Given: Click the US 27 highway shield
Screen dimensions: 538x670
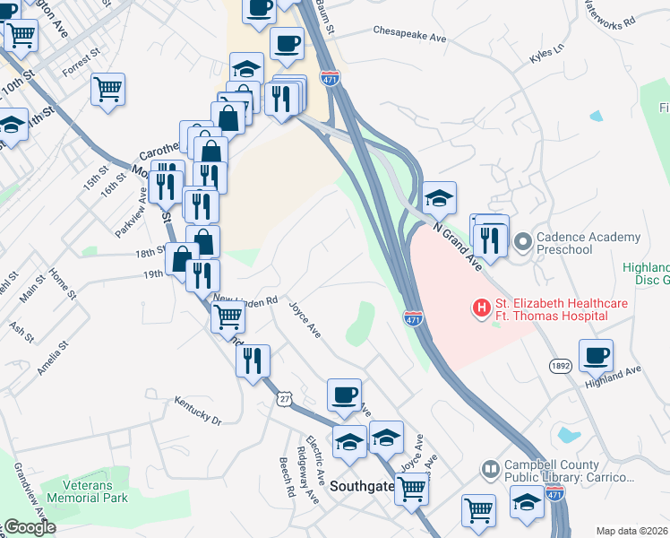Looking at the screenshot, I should pyautogui.click(x=285, y=397).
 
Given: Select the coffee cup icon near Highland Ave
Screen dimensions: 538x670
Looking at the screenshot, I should pyautogui.click(x=596, y=356).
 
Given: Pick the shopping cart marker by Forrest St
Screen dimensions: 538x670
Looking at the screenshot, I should pyautogui.click(x=107, y=89).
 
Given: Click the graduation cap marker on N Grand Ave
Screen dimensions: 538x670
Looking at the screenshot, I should pyautogui.click(x=439, y=197).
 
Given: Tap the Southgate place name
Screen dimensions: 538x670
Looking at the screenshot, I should pyautogui.click(x=362, y=486).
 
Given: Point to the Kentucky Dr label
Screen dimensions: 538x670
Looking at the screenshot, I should pyautogui.click(x=197, y=411).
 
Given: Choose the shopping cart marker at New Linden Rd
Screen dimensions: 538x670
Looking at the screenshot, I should pyautogui.click(x=228, y=316).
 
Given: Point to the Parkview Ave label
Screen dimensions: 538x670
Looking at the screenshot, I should pyautogui.click(x=131, y=213).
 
